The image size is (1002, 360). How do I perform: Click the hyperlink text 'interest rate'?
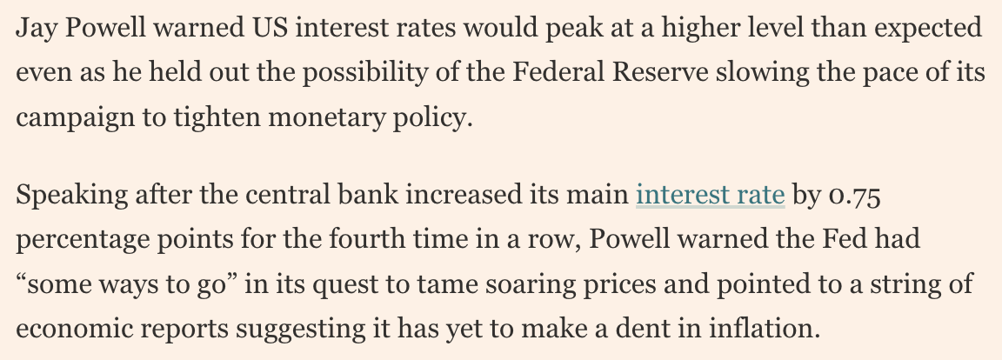point(711,195)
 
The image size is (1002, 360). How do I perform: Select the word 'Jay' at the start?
point(36,27)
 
